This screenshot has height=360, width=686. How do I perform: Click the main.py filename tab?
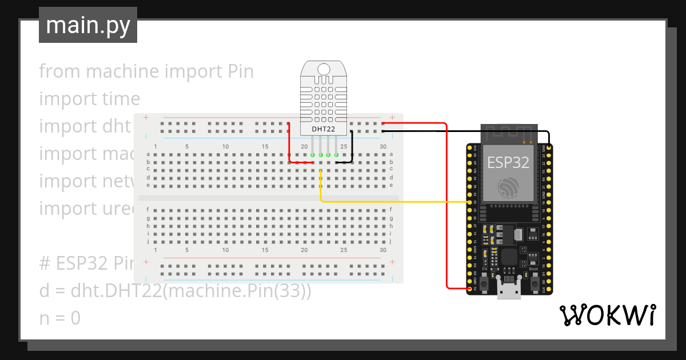pos(88,25)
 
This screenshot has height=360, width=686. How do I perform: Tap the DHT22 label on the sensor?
pos(323,129)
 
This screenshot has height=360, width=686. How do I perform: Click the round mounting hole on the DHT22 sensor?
pos(324,69)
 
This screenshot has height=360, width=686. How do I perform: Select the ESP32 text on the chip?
pos(508,162)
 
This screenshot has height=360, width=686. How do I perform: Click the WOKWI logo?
pos(607,315)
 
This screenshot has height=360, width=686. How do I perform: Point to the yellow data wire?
pos(394,202)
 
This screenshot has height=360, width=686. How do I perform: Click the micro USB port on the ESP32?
pos(509,291)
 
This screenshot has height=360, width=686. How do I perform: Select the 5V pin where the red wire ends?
pos(469,289)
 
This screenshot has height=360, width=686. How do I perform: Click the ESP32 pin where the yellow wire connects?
pos(469,202)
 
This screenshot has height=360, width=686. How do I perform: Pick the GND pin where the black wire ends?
pos(549,147)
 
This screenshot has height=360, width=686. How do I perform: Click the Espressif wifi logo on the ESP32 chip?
pos(508,189)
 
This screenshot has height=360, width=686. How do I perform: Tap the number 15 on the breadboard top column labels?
pos(265,147)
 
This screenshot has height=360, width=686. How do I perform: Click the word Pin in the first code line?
pos(240,71)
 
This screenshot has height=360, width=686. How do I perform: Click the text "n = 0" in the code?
pos(60,318)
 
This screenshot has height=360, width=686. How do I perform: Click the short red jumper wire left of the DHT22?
pos(289,143)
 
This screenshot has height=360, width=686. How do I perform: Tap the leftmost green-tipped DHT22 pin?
pos(313,155)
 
